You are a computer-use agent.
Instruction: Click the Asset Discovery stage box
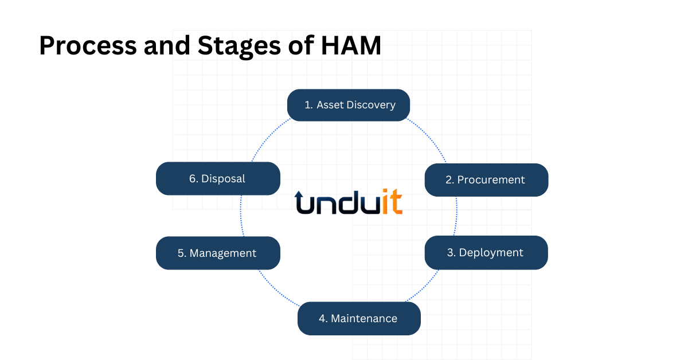coord(349,105)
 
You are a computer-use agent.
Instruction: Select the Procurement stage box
coord(486,179)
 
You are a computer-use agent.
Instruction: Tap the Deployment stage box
coord(486,252)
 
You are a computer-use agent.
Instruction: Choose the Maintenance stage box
coord(359,318)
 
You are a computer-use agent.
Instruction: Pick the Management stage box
coord(218,253)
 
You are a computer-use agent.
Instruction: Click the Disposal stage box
coord(218,178)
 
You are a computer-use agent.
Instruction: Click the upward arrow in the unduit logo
coord(299,201)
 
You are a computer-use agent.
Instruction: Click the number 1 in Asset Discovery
coord(308,105)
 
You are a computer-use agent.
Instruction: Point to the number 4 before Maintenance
coord(323,318)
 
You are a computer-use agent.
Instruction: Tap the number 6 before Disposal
coord(193,179)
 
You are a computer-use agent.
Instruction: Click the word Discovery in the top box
coord(372,105)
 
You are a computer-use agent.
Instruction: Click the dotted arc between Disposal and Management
coord(241,216)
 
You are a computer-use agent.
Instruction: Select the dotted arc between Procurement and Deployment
coord(456,216)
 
